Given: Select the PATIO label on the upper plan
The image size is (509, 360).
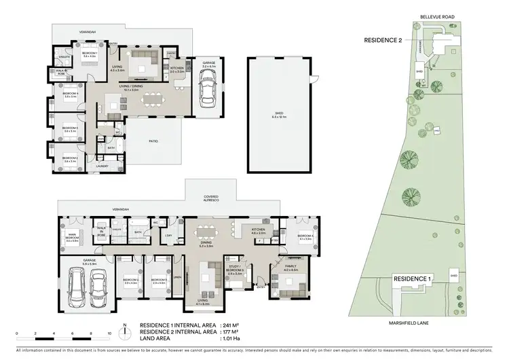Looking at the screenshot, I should pyautogui.click(x=153, y=141).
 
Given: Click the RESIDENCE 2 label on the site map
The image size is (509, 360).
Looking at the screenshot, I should pyautogui.click(x=383, y=41).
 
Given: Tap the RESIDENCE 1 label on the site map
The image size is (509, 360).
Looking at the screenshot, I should pyautogui.click(x=412, y=279).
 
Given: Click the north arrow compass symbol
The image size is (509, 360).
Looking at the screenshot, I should pyautogui.click(x=125, y=333).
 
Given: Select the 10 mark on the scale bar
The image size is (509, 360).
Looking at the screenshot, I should pyautogui.click(x=109, y=334).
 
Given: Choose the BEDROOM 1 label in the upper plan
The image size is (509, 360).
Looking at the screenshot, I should pyautogui.click(x=90, y=54).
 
